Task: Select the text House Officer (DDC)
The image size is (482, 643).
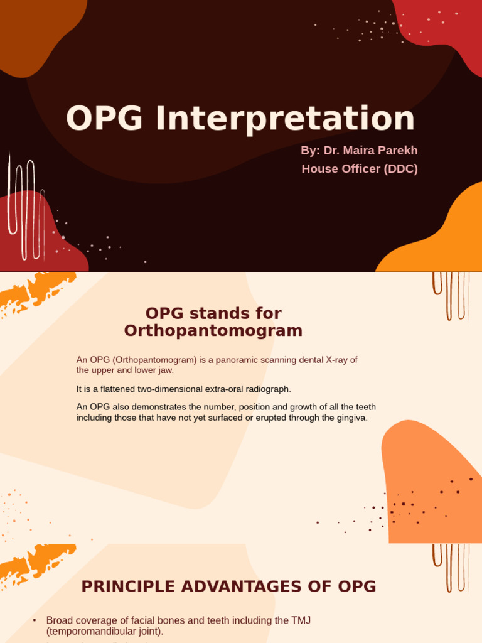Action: tap(359, 169)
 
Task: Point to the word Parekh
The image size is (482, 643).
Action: tap(398, 151)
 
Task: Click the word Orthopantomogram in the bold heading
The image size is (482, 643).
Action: tap(213, 330)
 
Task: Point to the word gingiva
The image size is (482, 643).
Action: tap(351, 418)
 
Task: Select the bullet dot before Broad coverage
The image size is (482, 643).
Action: tap(35, 620)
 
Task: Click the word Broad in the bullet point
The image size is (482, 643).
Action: tap(60, 620)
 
